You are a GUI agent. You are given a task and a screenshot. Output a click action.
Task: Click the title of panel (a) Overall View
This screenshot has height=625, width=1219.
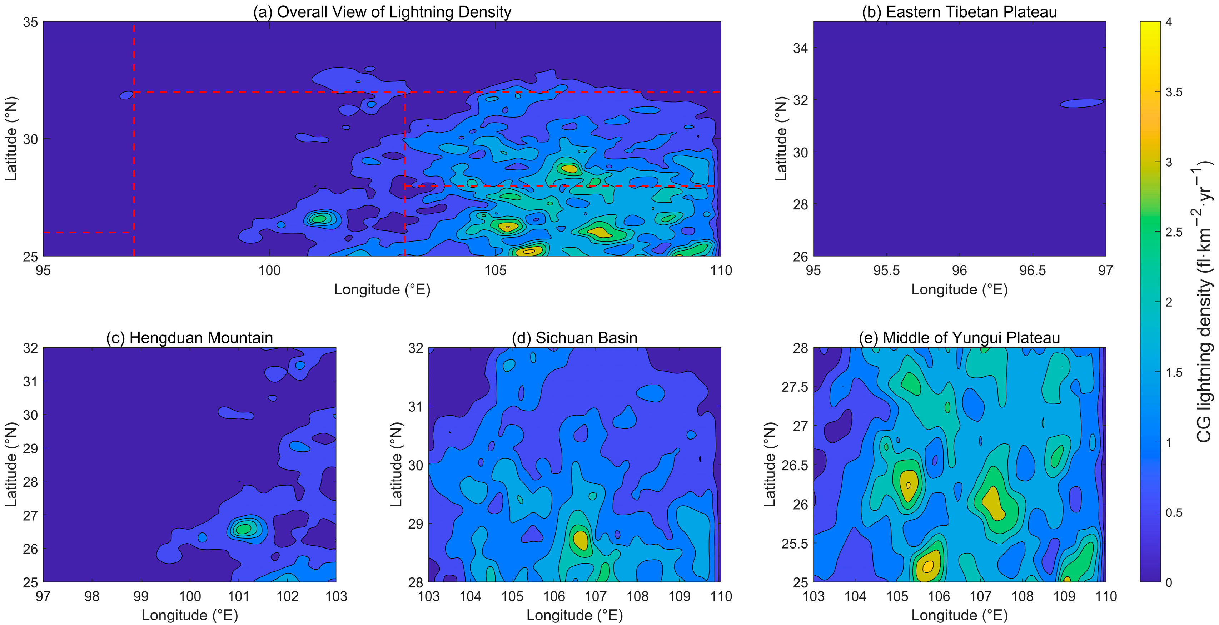pyautogui.click(x=382, y=12)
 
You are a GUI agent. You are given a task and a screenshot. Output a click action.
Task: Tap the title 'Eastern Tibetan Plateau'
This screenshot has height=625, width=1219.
pyautogui.click(x=959, y=12)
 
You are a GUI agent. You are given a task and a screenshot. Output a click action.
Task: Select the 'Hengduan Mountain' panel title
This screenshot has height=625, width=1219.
pyautogui.click(x=189, y=338)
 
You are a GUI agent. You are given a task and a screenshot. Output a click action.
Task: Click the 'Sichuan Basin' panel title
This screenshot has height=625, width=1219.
pyautogui.click(x=574, y=338)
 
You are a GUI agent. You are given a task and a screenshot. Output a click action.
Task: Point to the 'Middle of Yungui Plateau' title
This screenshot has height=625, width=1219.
pyautogui.click(x=959, y=338)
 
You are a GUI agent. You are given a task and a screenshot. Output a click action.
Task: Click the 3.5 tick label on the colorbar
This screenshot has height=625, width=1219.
pyautogui.click(x=1174, y=92)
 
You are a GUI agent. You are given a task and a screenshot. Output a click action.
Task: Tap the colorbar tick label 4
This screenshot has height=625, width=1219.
pyautogui.click(x=1169, y=22)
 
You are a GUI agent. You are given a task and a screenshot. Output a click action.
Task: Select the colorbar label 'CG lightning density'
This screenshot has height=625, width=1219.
pyautogui.click(x=1204, y=303)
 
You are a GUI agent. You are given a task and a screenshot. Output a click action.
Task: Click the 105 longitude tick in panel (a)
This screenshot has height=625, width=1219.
pyautogui.click(x=496, y=271)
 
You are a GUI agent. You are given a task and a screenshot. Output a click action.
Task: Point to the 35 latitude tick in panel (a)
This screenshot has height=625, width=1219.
pyautogui.click(x=30, y=22)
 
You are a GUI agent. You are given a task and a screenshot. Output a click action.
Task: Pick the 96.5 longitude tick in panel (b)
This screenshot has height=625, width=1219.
pyautogui.click(x=1033, y=271)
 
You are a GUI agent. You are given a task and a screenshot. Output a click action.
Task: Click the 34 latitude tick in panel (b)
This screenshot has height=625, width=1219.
pyautogui.click(x=800, y=48)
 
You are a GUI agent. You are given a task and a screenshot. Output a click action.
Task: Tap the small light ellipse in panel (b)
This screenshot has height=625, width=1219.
pyautogui.click(x=1081, y=103)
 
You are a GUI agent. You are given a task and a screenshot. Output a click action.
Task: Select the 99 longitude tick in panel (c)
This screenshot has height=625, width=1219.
pyautogui.click(x=140, y=596)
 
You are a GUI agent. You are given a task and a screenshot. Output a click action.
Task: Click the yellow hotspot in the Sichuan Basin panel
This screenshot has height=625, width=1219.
pyautogui.click(x=581, y=539)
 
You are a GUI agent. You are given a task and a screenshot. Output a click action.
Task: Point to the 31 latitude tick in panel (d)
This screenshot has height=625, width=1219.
pyautogui.click(x=416, y=406)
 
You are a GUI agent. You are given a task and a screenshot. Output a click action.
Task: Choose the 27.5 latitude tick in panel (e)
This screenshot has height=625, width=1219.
pyautogui.click(x=795, y=387)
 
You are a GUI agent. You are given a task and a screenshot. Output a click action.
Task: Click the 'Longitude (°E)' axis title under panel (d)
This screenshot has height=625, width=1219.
pyautogui.click(x=574, y=615)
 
